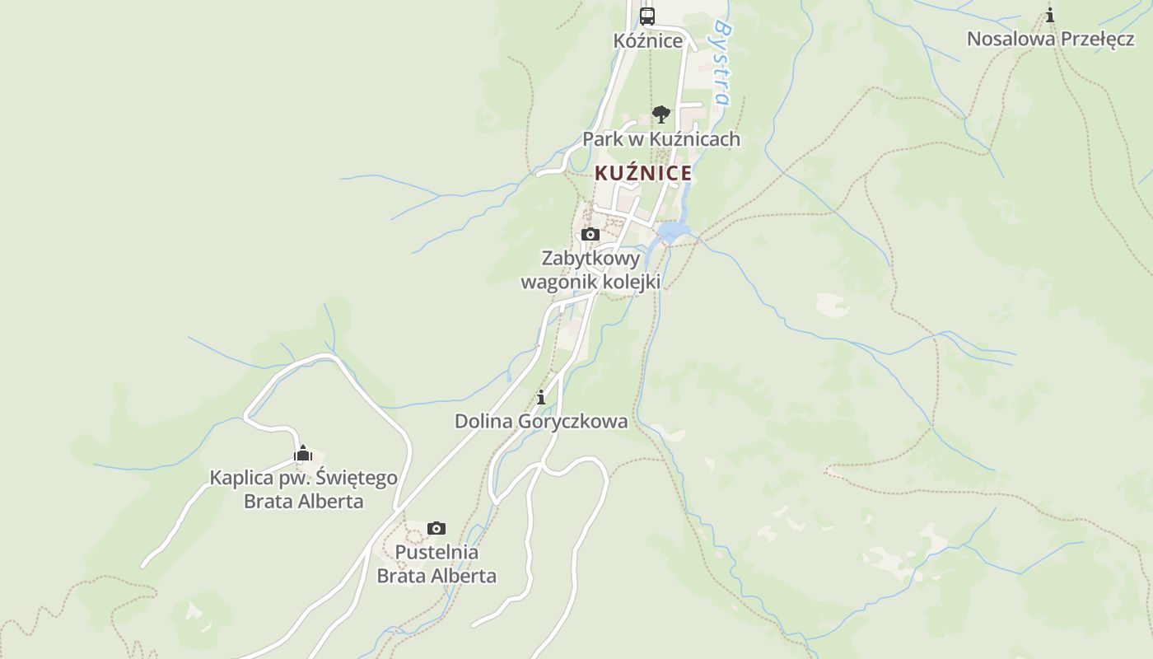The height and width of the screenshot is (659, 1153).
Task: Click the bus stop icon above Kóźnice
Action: [x=647, y=16]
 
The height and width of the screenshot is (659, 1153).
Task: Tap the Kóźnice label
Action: [x=648, y=40]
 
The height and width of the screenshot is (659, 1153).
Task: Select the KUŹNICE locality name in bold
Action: [x=642, y=173]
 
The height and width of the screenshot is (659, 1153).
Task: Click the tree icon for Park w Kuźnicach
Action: [x=661, y=115]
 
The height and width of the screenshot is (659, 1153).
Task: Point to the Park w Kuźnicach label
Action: [x=661, y=139]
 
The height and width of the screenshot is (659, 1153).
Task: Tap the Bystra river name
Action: [x=721, y=63]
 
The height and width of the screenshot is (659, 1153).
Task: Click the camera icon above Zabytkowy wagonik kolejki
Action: [x=591, y=235]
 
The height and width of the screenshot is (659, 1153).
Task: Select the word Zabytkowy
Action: [x=591, y=258]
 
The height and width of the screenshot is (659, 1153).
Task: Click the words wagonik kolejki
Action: [x=591, y=281]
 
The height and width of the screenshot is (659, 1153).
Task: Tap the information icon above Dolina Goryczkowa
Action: [x=541, y=398]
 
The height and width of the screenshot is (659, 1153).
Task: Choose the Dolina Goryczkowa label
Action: [x=541, y=422]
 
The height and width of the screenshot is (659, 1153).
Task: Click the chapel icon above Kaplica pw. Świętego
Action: [x=303, y=454]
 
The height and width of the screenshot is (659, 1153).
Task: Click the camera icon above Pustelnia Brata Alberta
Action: [x=436, y=528]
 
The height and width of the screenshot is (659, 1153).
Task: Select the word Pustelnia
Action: [x=436, y=552]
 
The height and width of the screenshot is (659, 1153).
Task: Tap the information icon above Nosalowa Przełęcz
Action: [x=1050, y=15]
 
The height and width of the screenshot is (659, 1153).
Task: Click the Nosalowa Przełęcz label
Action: [x=1050, y=39]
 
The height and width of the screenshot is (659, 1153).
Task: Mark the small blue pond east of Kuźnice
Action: [x=674, y=231]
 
